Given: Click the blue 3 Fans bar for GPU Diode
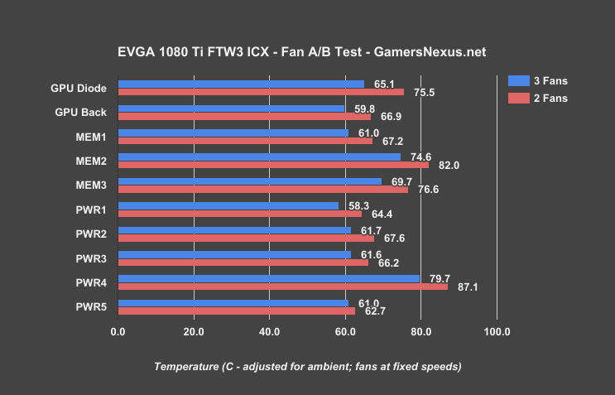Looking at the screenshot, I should pos(241,84).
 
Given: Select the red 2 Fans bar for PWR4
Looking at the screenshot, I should pos(283,287).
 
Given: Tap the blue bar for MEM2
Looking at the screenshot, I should pos(259,157).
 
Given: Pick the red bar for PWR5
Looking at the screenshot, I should pos(237,311).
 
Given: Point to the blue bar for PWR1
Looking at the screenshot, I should pos(228,205).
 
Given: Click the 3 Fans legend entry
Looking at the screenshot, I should pos(538,80).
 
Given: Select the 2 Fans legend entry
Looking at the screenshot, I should pos(538,99).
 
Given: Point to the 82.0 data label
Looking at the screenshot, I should pos(449,166).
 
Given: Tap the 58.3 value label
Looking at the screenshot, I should pos(358,205).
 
